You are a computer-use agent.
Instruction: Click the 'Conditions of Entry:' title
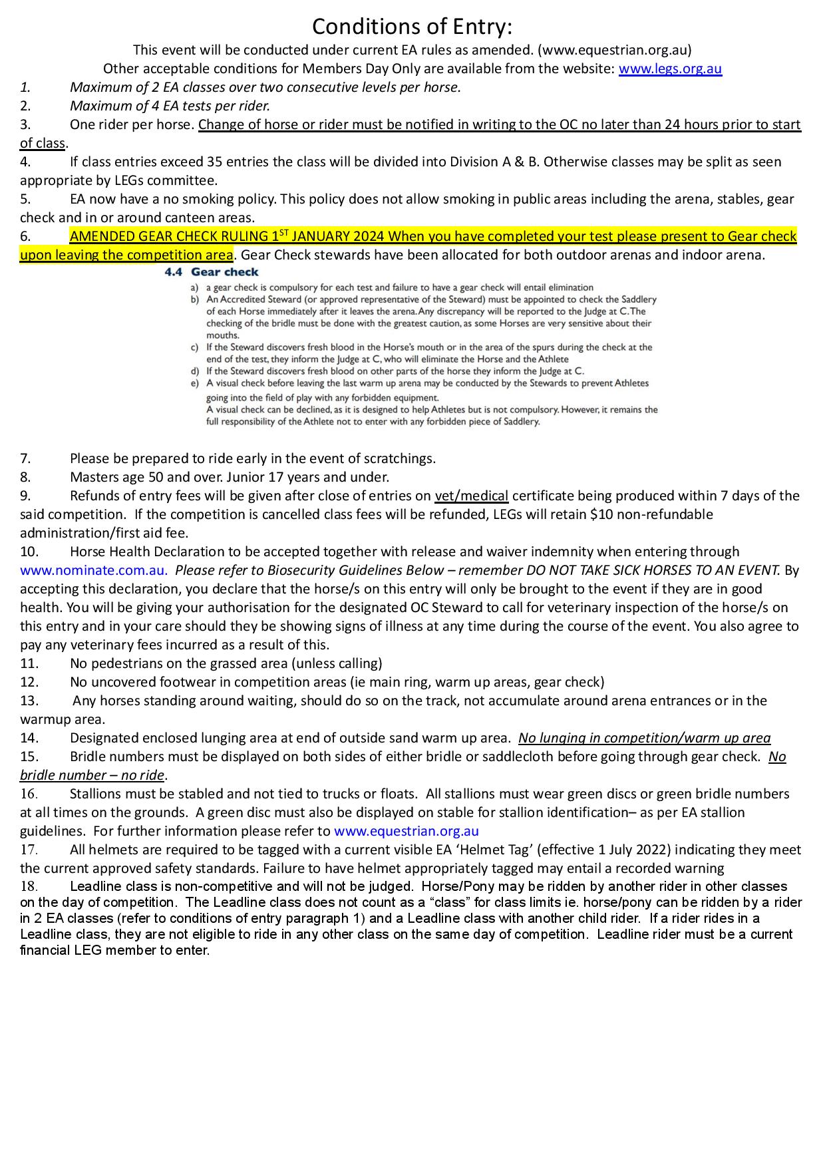pyautogui.click(x=412, y=27)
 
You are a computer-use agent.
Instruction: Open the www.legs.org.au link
pyautogui.click(x=670, y=69)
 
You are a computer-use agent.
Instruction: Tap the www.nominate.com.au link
pyautogui.click(x=93, y=570)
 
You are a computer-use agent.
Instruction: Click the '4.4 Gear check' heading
pyautogui.click(x=212, y=272)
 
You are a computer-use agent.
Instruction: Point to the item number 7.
pyautogui.click(x=25, y=458)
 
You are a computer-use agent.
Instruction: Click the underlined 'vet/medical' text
pyautogui.click(x=472, y=496)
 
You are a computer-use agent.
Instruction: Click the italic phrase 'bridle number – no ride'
pyautogui.click(x=92, y=775)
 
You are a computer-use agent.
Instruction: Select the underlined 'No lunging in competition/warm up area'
pyautogui.click(x=644, y=738)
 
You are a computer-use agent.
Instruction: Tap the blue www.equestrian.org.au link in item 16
pyautogui.click(x=406, y=831)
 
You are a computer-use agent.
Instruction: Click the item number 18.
pyautogui.click(x=29, y=886)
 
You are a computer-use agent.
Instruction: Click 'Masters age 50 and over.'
pyautogui.click(x=146, y=477)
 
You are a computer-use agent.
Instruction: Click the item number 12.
pyautogui.click(x=29, y=682)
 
